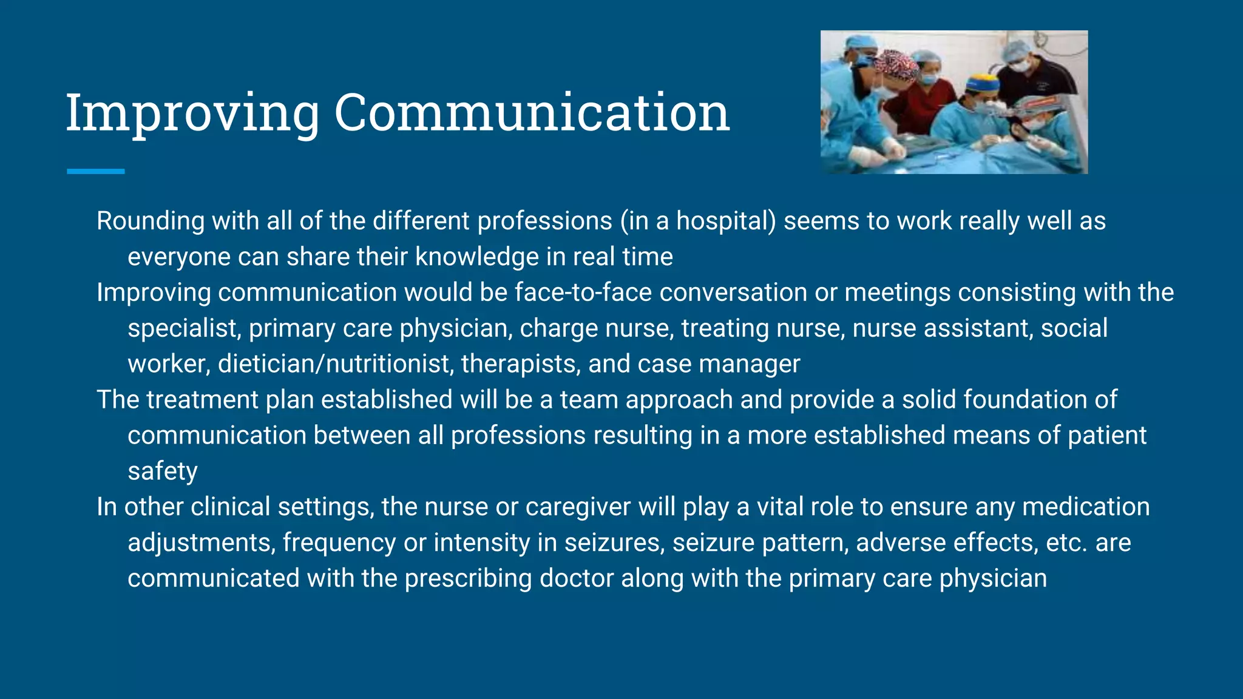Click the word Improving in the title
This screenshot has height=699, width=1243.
click(192, 113)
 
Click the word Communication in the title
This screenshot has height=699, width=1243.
click(532, 113)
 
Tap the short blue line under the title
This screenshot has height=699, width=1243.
click(95, 172)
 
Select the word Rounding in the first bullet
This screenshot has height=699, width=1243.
click(150, 221)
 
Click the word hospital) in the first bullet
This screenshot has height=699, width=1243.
click(726, 221)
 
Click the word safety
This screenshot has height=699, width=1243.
click(163, 472)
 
